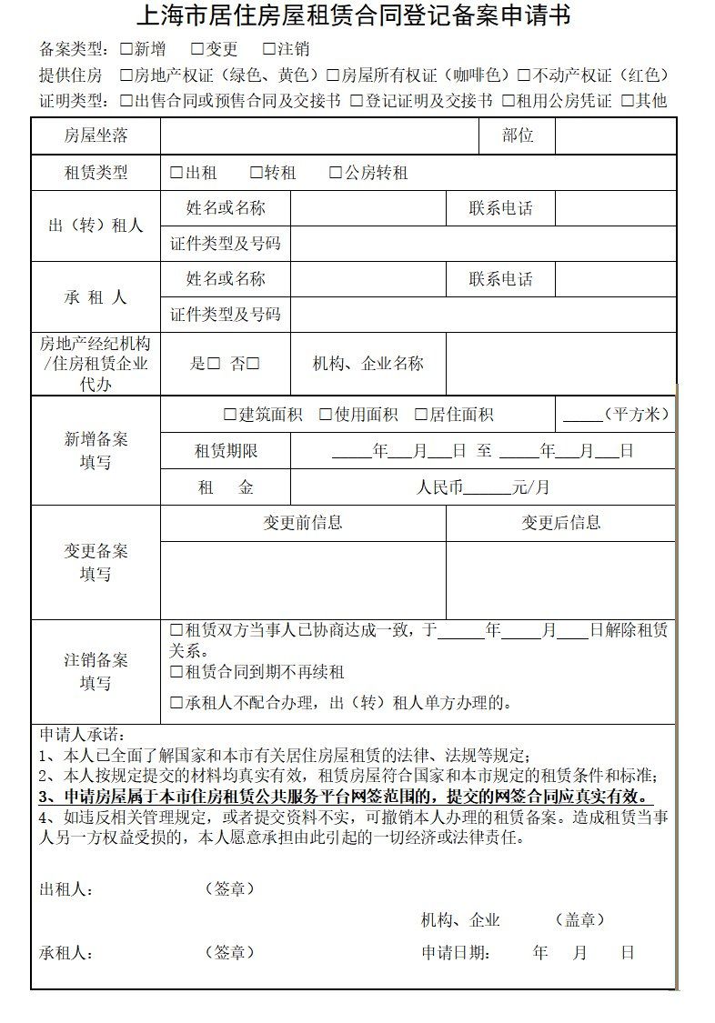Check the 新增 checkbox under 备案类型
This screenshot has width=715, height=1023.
[126, 49]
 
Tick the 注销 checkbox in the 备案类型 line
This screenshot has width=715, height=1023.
[269, 49]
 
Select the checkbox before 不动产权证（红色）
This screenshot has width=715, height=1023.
[524, 75]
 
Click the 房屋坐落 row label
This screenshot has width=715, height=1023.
[96, 136]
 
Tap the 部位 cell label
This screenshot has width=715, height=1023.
[517, 136]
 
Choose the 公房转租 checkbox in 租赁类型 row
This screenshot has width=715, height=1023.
[336, 173]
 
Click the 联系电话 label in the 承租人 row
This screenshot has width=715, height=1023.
[500, 279]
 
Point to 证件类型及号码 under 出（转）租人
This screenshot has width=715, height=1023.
[226, 244]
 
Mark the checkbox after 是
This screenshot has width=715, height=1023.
[214, 364]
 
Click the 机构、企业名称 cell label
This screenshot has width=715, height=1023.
[368, 364]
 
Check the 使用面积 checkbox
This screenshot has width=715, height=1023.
[326, 415]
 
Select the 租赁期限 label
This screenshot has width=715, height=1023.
[226, 451]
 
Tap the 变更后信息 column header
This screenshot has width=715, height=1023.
[560, 523]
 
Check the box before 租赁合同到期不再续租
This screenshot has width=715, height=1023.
[176, 673]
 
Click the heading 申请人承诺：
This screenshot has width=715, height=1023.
[83, 735]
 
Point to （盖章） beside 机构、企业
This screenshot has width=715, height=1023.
[579, 920]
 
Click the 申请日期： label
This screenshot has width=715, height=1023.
[456, 953]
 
